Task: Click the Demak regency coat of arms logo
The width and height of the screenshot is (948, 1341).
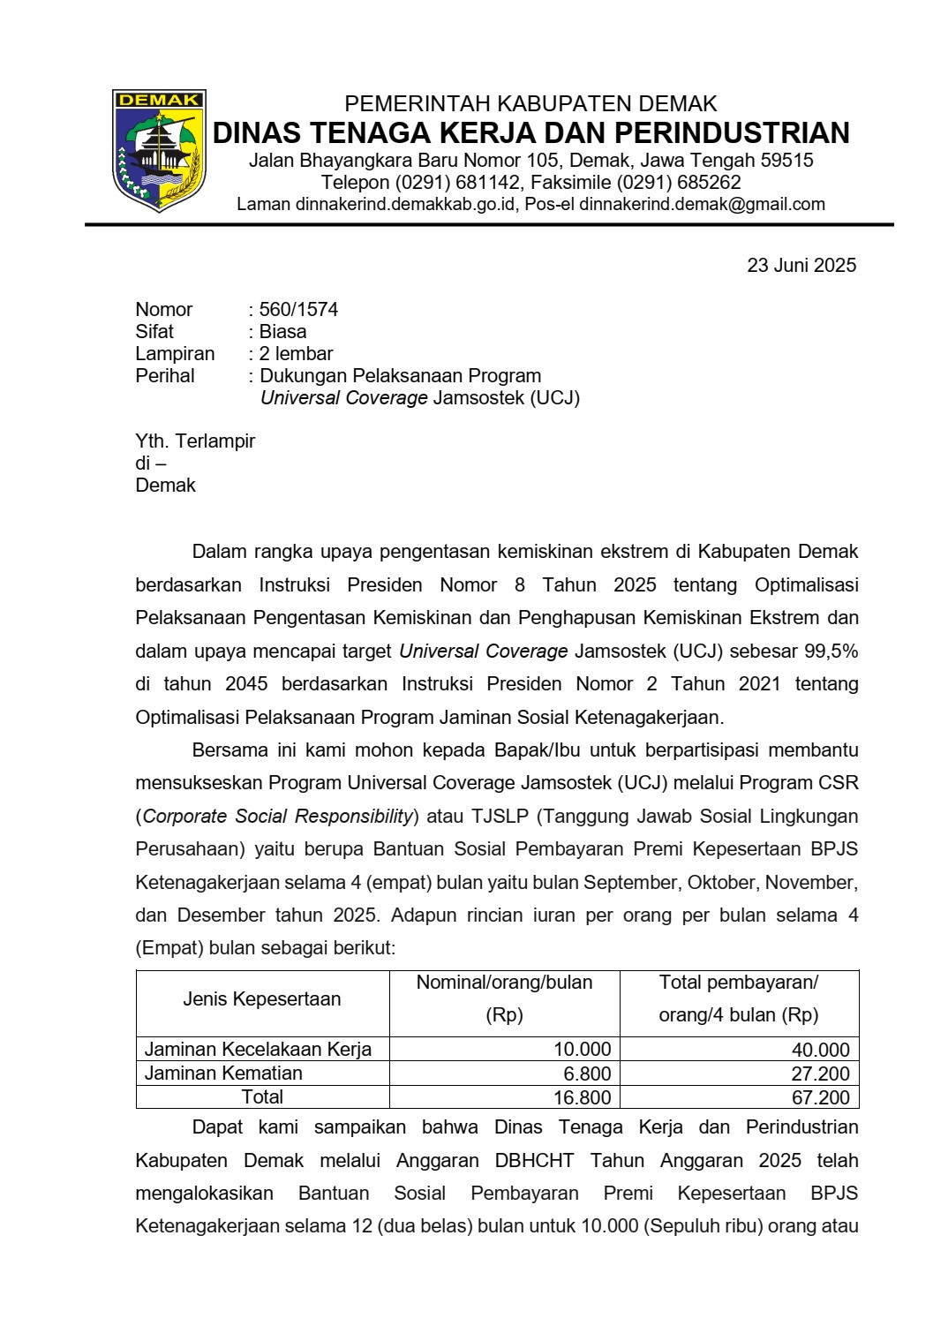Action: (159, 150)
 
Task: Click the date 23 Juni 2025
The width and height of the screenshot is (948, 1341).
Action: (801, 265)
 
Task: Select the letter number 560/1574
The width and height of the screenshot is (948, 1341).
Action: (298, 310)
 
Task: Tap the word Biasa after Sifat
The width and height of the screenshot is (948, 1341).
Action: (282, 332)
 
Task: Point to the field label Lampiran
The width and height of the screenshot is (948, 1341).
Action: (175, 354)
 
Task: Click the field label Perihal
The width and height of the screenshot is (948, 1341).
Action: (165, 376)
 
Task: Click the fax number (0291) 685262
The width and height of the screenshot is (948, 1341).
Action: (679, 183)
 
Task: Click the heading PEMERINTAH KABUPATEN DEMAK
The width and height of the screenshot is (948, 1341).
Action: (530, 104)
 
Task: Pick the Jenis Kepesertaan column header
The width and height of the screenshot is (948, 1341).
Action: (262, 999)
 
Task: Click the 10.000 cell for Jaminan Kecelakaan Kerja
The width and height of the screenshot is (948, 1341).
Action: (583, 1050)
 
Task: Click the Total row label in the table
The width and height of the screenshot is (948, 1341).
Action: (263, 1097)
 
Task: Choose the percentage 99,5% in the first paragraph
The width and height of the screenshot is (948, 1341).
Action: (831, 652)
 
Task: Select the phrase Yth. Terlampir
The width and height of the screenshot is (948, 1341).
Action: (195, 441)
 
